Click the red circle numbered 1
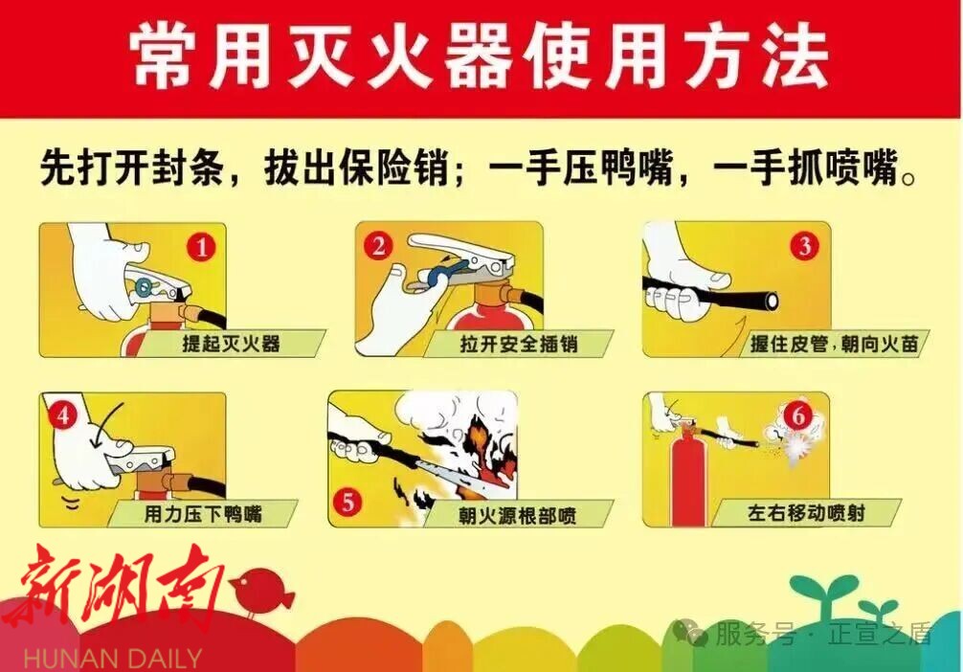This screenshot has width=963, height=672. click(x=201, y=248)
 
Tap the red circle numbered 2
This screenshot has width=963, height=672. click(x=378, y=246)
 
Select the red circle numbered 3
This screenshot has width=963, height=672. click(x=804, y=246)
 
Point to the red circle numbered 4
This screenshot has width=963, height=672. click(x=63, y=415)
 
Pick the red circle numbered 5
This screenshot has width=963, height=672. click(x=348, y=503)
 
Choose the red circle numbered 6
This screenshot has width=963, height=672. click(x=797, y=415)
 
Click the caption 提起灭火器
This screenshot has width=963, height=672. click(x=231, y=344)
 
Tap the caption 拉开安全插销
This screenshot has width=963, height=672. click(x=519, y=344)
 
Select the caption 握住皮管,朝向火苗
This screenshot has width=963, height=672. click(x=834, y=344)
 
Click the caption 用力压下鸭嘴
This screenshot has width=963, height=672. click(x=203, y=513)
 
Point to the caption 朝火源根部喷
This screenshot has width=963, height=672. click(x=518, y=515)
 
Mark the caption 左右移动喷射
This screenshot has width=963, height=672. click(x=806, y=512)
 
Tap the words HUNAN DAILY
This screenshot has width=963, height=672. click(x=113, y=659)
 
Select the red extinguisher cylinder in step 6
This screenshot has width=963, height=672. click(x=688, y=475)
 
